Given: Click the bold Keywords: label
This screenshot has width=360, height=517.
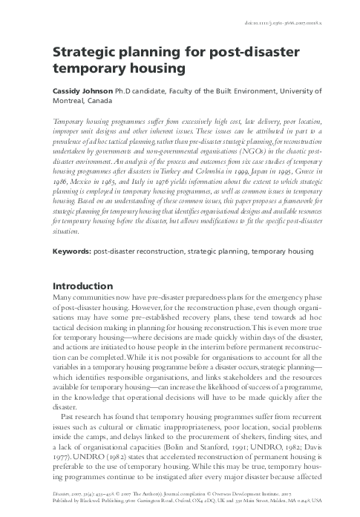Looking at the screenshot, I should (76, 251).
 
